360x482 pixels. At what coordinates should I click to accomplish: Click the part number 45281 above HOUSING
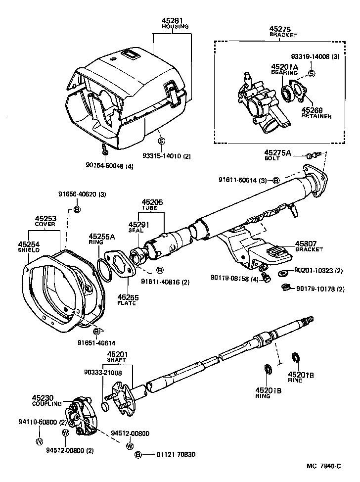pos(171,21)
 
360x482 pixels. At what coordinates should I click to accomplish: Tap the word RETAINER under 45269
pos(316,116)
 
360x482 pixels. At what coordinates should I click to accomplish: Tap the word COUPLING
pos(47,404)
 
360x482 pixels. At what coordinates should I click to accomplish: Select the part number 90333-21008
pos(103,373)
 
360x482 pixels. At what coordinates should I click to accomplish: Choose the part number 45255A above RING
pos(102,237)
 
